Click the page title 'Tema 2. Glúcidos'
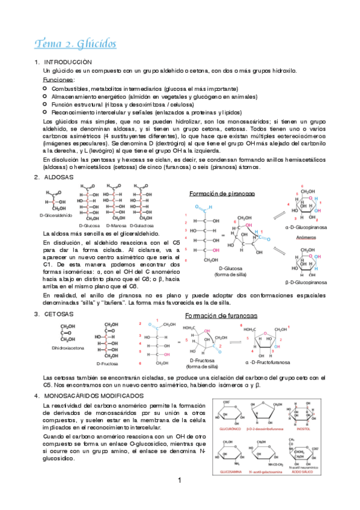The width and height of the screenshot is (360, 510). click(x=75, y=44)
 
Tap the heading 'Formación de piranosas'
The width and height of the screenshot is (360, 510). click(x=222, y=194)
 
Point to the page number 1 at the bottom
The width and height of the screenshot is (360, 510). click(x=180, y=497)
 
